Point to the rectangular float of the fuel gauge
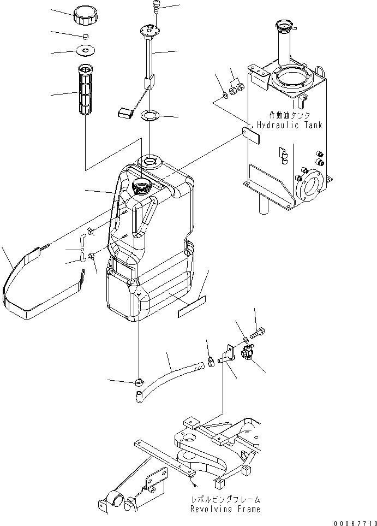coord(126,113)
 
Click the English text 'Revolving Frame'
coord(225,509)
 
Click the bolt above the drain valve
coord(259,332)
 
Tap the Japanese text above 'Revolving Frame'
coord(225,499)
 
